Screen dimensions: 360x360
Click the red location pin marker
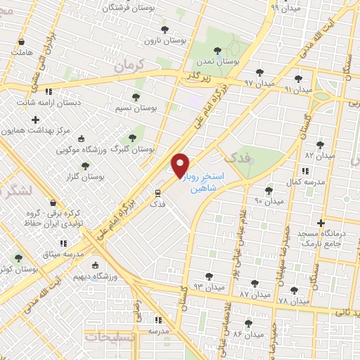(181, 165)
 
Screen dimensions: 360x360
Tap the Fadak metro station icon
(157, 191)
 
